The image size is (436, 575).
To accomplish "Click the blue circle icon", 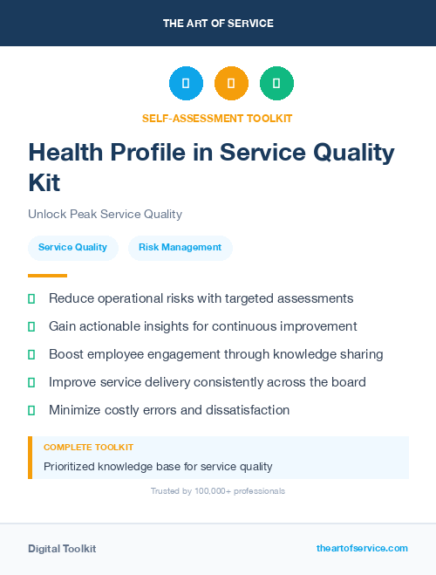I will (186, 83).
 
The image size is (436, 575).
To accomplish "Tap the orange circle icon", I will (231, 83).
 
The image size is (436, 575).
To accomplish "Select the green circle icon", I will (276, 83).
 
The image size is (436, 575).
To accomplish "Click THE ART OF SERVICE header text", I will (218, 23).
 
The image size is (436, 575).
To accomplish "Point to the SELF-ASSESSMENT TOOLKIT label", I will (217, 118).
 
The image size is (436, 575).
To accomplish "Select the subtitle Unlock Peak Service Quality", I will (105, 214).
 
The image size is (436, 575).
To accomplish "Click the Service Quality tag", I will (72, 247).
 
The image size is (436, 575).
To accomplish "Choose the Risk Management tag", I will (180, 247).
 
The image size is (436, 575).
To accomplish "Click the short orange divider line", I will (47, 276).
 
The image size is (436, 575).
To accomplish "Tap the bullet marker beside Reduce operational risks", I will (31, 298).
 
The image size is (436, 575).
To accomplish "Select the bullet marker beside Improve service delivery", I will (31, 382).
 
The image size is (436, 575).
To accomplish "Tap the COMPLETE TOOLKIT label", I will (88, 447).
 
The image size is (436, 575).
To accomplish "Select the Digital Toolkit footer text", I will (62, 549).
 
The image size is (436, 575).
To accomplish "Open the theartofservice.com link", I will (362, 548).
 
